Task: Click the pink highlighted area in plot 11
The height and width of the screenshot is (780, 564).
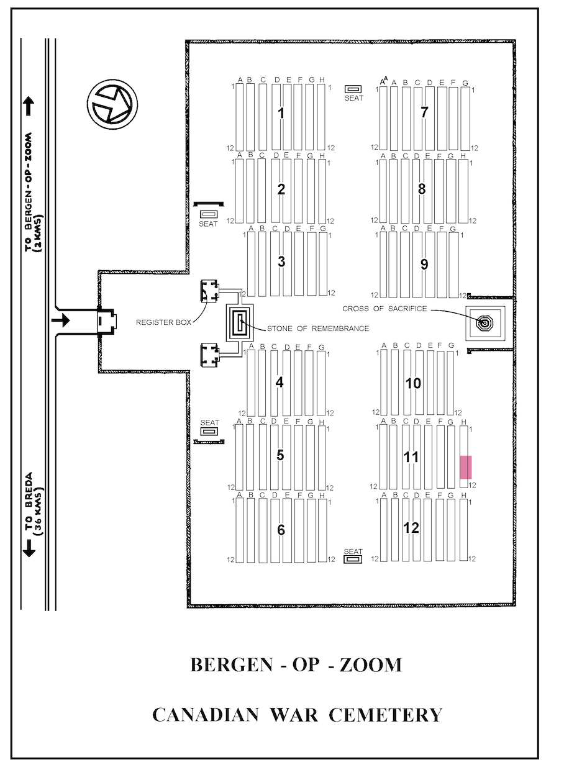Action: [x=466, y=467]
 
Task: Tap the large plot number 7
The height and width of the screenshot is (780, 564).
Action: [x=424, y=112]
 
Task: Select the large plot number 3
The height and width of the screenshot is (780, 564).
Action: [x=281, y=261]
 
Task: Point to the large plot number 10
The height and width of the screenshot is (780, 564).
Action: [x=413, y=383]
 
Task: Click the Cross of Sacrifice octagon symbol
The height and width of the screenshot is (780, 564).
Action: [x=484, y=324]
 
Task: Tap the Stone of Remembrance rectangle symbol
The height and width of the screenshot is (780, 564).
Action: [x=240, y=323]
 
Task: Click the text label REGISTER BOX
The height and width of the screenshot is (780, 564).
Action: [x=164, y=322]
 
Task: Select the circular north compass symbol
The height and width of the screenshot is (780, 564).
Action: [x=112, y=104]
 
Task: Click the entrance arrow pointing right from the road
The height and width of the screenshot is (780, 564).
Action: [x=60, y=320]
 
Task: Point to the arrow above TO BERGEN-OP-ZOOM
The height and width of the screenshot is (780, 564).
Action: [x=29, y=106]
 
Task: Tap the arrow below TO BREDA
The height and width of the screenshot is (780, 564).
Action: [x=29, y=548]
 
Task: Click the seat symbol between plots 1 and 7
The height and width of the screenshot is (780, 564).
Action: [x=353, y=89]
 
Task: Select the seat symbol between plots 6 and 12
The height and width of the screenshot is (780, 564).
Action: [x=353, y=560]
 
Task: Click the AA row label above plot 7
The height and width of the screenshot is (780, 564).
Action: [x=384, y=81]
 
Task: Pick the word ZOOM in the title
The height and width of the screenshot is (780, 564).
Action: [x=371, y=664]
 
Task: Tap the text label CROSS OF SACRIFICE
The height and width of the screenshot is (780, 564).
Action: [x=384, y=309]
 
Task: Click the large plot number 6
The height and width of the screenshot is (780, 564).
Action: [x=281, y=530]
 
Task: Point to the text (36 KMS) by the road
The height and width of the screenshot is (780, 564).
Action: [x=39, y=511]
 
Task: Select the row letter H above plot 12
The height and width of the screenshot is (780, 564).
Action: [x=463, y=495]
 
